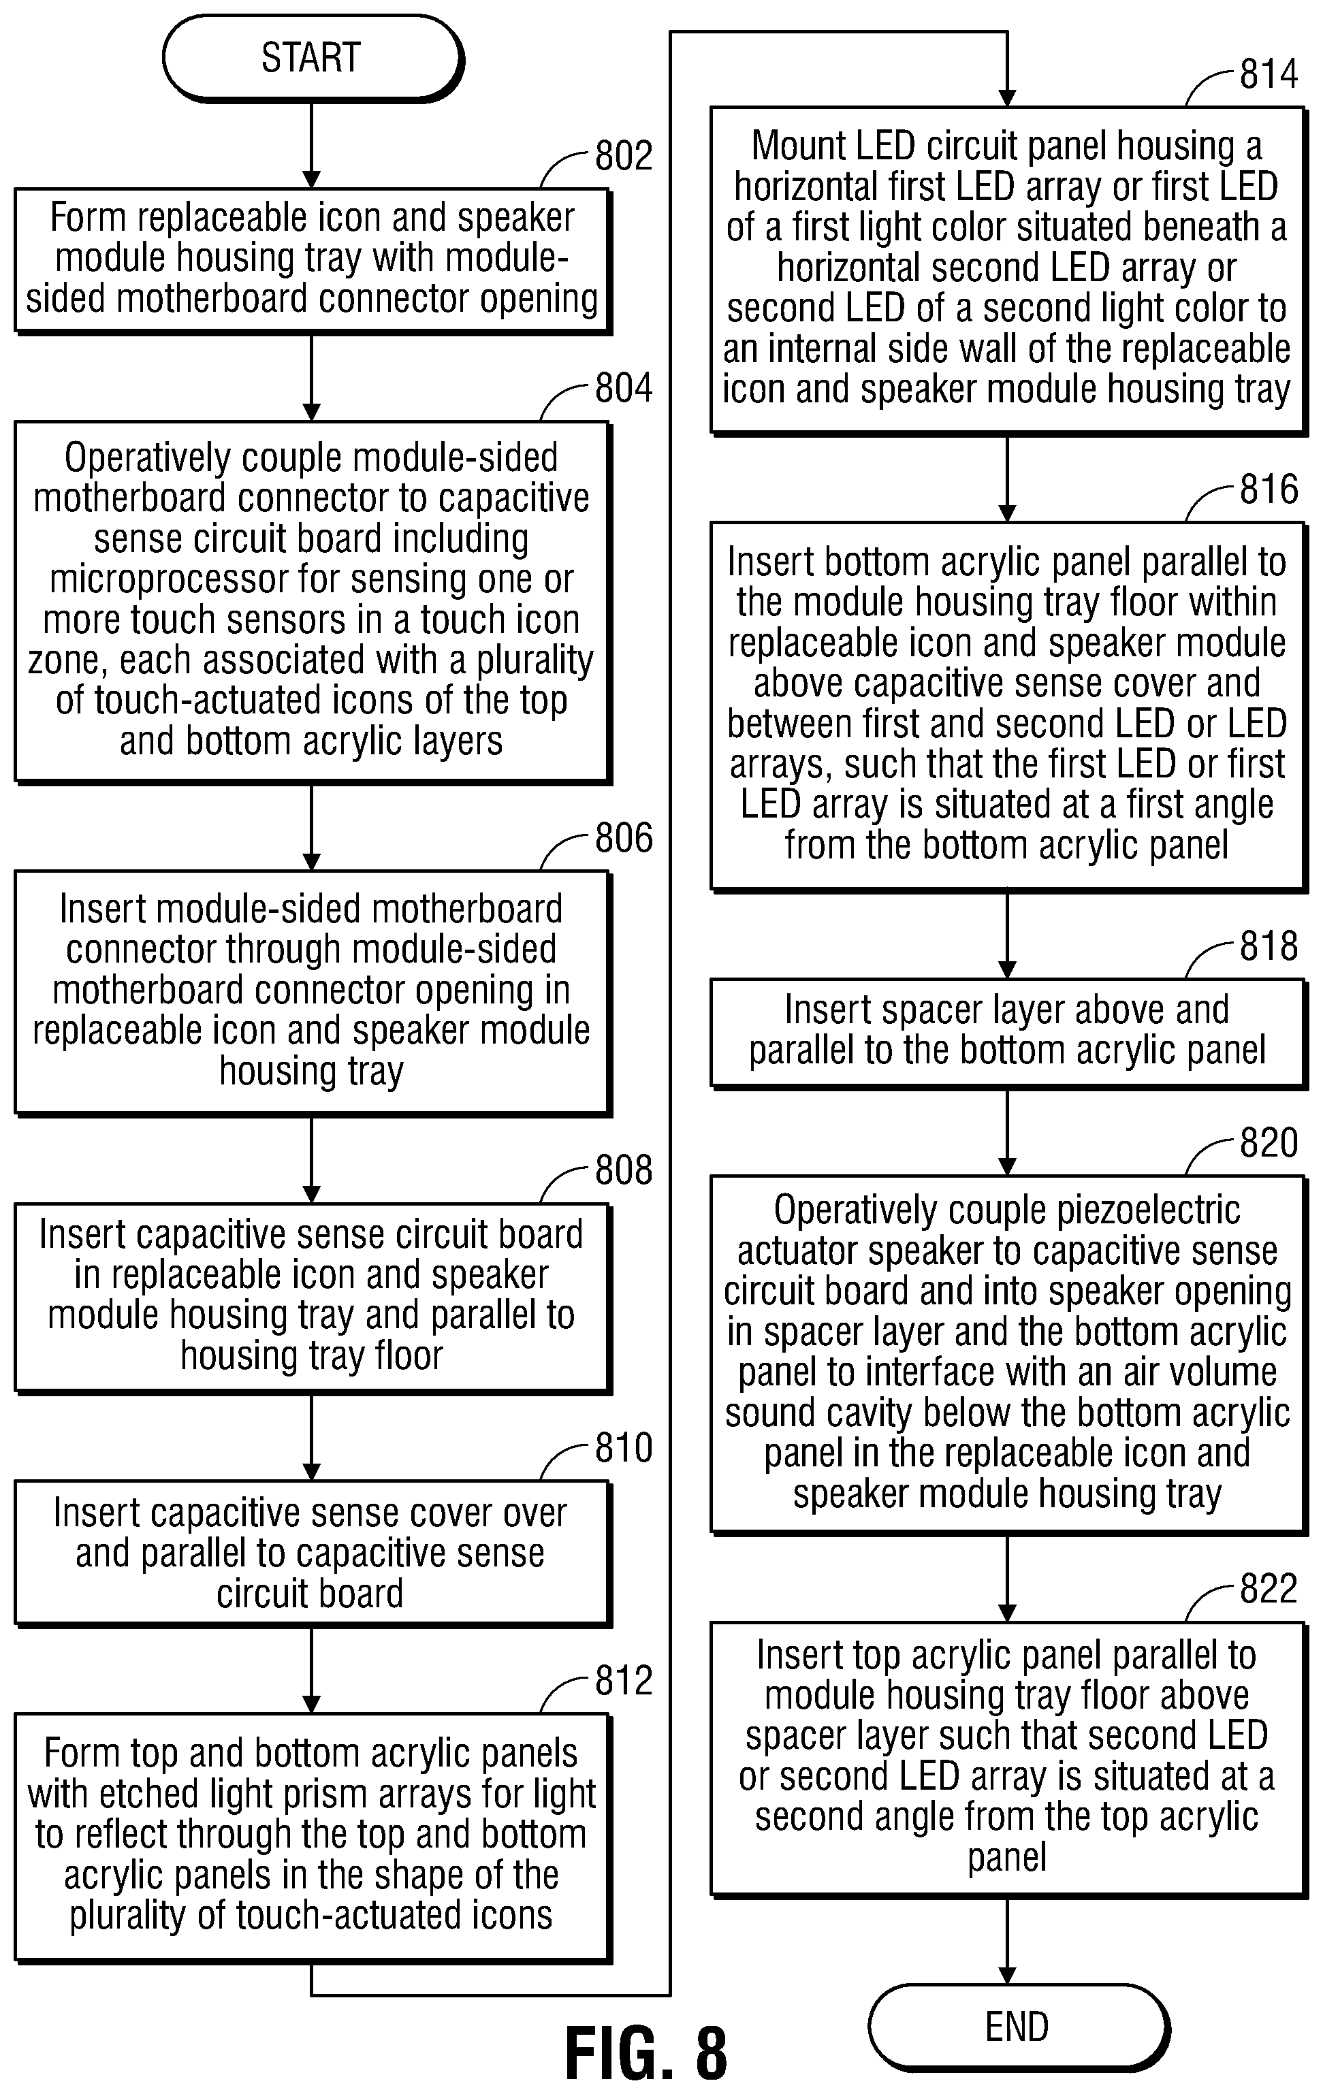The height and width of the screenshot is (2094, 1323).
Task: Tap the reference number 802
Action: [624, 157]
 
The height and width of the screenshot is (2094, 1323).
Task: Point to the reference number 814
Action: [1269, 74]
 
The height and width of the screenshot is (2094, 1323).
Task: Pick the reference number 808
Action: [624, 1170]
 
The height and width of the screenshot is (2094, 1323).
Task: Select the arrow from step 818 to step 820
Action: [1007, 1133]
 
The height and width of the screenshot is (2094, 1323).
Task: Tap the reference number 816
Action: [1269, 489]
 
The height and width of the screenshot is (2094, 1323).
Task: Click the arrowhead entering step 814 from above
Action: [1007, 99]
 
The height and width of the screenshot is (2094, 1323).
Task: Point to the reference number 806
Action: [624, 838]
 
